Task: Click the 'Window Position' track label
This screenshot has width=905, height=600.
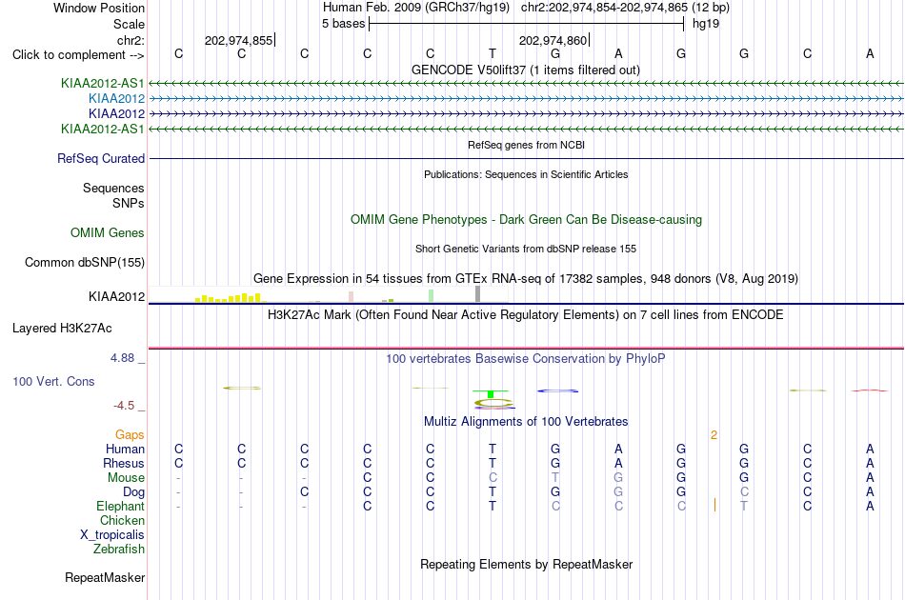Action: click(99, 8)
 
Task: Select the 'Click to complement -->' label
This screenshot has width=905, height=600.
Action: click(78, 55)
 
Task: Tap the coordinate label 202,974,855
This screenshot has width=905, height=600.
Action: click(238, 40)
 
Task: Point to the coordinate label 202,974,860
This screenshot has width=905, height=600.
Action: click(553, 40)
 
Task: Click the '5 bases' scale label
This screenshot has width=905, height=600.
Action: click(343, 24)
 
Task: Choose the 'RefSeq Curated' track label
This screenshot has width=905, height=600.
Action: click(101, 159)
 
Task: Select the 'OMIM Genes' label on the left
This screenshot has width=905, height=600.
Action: click(108, 233)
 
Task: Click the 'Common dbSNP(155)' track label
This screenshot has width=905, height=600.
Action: click(85, 263)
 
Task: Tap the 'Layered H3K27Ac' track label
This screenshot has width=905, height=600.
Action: click(62, 329)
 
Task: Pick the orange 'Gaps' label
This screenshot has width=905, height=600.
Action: click(130, 435)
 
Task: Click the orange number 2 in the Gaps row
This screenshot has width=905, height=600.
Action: click(714, 435)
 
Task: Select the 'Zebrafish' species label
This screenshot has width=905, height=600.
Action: click(119, 550)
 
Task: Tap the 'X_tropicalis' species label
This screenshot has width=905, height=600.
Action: click(112, 535)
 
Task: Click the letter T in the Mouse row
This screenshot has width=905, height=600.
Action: click(555, 478)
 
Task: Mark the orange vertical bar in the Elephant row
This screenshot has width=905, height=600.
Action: click(714, 506)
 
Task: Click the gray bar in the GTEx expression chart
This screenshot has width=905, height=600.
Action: click(478, 293)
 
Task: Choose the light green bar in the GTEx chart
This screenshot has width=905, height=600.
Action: click(432, 296)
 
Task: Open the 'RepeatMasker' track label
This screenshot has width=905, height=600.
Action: click(105, 577)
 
